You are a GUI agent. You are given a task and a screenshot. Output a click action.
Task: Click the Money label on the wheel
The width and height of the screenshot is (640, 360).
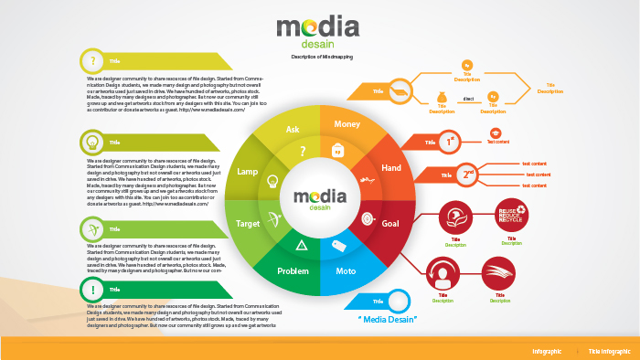click(x=347, y=124)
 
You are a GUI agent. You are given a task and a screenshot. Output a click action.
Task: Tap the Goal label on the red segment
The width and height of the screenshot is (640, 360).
click(x=390, y=223)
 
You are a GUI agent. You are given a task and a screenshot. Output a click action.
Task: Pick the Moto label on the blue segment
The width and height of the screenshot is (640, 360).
click(x=346, y=271)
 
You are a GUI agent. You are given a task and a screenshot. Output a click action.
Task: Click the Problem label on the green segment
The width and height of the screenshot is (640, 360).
click(x=293, y=271)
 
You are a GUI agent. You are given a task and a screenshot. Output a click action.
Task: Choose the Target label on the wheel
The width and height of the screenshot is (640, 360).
click(x=249, y=223)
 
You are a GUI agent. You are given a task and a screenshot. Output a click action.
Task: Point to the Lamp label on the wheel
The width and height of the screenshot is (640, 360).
click(x=248, y=171)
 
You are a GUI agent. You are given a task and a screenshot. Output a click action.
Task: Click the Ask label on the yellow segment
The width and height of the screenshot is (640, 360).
click(x=293, y=130)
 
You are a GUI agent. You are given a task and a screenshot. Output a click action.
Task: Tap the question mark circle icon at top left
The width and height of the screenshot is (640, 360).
click(x=91, y=61)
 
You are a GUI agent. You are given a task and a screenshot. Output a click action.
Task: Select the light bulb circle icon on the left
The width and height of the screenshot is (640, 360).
click(x=91, y=142)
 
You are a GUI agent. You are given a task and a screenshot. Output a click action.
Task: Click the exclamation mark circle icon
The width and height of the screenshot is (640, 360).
click(x=91, y=291)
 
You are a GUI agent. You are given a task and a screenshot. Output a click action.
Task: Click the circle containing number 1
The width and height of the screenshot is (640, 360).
click(x=449, y=142)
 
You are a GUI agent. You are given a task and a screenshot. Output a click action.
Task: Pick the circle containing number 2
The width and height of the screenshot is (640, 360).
click(x=468, y=174)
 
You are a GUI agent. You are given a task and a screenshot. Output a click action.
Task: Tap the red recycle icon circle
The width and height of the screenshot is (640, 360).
click(x=511, y=216)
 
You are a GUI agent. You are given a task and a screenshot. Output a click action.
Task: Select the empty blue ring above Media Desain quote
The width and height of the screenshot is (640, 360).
click(x=398, y=301)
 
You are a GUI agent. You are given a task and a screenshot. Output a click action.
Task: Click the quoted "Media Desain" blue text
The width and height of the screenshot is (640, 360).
click(x=387, y=319)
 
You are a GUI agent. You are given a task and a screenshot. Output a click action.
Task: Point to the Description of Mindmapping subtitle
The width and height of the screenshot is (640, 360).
click(x=322, y=57)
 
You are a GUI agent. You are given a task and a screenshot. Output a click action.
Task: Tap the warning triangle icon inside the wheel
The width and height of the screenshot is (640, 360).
click(x=301, y=244)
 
